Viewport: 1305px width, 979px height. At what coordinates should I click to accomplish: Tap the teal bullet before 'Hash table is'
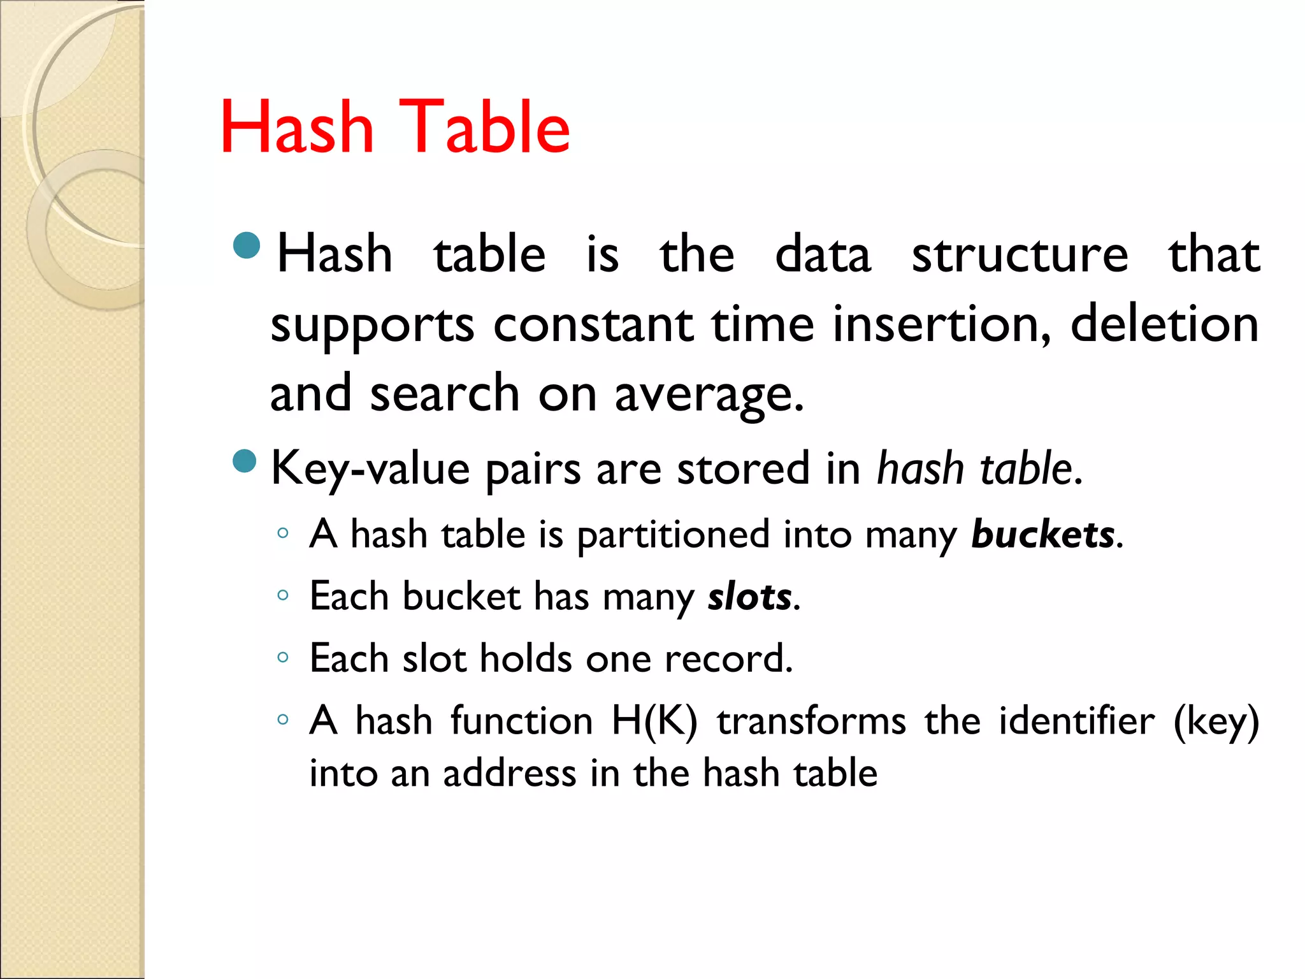(x=247, y=245)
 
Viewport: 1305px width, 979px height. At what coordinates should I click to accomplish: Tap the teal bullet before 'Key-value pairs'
(x=245, y=461)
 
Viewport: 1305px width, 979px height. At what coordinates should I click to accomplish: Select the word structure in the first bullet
(x=1020, y=255)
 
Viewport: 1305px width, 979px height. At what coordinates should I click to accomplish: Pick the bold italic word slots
(x=750, y=597)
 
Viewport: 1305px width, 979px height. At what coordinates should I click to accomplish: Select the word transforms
(x=811, y=722)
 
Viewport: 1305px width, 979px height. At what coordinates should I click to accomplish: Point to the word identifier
(x=1076, y=722)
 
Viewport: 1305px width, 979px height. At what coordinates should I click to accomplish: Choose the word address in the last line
(x=509, y=774)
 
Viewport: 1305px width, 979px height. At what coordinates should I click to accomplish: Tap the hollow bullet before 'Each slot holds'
(x=283, y=657)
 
